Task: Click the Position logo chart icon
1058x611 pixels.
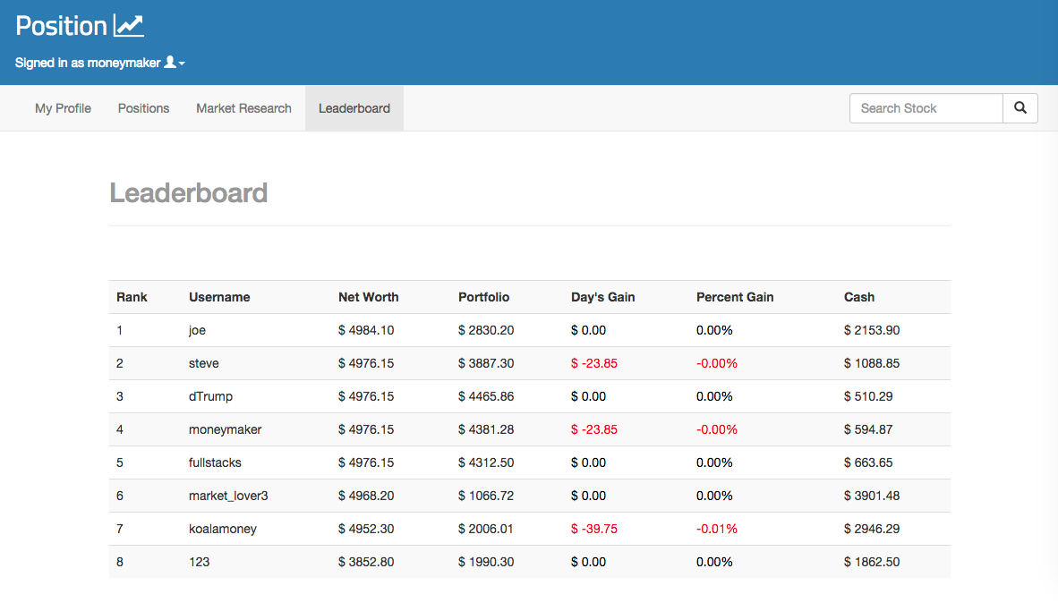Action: click(129, 26)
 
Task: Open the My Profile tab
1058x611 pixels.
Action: click(63, 108)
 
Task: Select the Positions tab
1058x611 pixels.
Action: click(144, 108)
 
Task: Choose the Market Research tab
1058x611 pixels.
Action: click(243, 108)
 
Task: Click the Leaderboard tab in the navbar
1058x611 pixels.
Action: click(354, 108)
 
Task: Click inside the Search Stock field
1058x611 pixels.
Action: click(926, 108)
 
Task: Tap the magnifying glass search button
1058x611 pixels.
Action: click(1020, 108)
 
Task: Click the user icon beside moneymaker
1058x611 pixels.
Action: click(170, 62)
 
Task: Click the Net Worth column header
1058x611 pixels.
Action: click(369, 297)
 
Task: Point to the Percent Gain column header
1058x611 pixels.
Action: click(735, 297)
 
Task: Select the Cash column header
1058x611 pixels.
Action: click(859, 297)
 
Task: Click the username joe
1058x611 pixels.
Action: click(197, 330)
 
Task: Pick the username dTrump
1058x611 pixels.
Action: click(210, 396)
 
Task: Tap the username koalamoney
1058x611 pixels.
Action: click(223, 529)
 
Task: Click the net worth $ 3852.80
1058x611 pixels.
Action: click(366, 562)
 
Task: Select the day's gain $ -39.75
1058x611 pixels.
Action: click(593, 529)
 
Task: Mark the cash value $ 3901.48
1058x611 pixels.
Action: click(872, 496)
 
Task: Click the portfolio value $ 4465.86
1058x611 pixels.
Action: click(486, 396)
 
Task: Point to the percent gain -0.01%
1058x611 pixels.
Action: click(717, 529)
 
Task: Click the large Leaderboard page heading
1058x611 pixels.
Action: click(188, 193)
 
